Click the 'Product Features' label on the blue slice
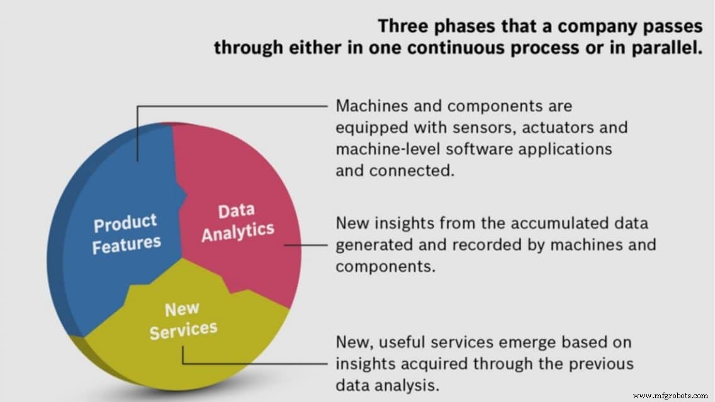(126, 233)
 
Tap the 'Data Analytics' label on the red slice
(237, 221)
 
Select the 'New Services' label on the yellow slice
(183, 320)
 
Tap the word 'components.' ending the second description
(385, 265)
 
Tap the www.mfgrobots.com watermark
(670, 396)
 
